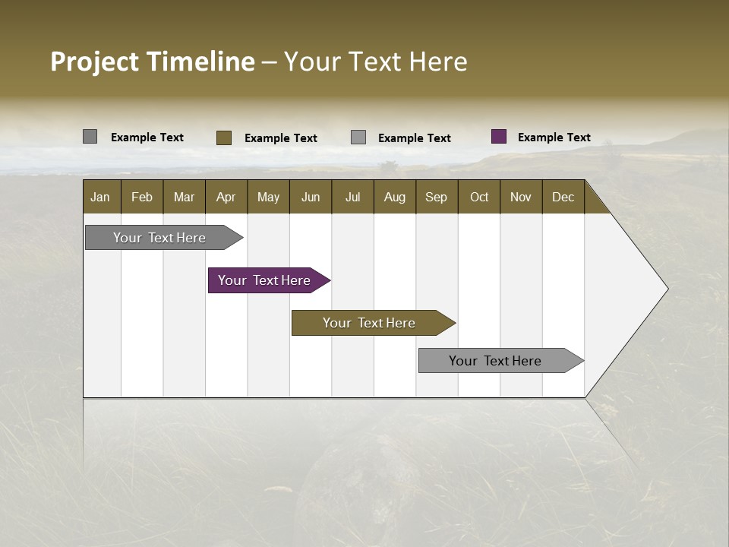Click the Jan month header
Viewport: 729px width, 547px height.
click(100, 197)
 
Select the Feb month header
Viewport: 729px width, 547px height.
click(142, 197)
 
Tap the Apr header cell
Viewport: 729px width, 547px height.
click(226, 197)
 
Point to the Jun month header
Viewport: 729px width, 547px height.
click(311, 197)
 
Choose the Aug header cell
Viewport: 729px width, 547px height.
click(394, 197)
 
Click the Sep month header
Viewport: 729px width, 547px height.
click(436, 197)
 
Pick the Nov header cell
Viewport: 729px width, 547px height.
click(520, 197)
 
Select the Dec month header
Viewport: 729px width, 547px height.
click(563, 197)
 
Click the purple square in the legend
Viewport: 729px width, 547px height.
click(499, 137)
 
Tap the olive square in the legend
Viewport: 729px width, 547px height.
click(223, 138)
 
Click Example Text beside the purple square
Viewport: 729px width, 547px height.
click(554, 137)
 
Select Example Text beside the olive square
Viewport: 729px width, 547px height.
click(280, 138)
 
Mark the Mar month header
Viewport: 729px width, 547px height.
click(184, 197)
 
